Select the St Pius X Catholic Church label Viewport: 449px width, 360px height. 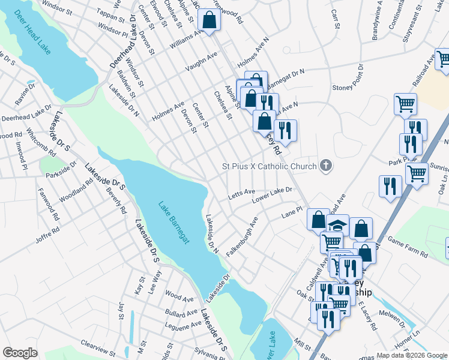click(269, 166)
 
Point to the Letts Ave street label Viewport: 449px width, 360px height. click(241, 194)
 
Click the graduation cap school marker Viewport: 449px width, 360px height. click(338, 225)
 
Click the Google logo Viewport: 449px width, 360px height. click(20, 353)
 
